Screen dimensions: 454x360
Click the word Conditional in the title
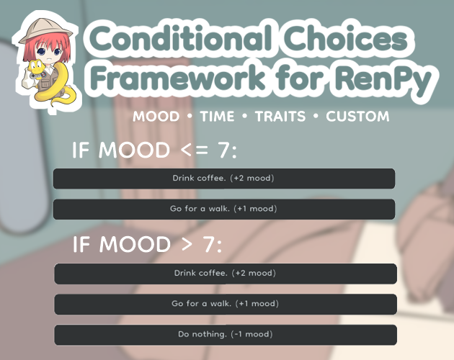click(x=181, y=38)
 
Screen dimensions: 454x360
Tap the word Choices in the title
click(x=345, y=38)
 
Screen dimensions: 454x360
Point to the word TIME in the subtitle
click(x=217, y=117)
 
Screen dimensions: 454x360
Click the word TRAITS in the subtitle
click(x=280, y=117)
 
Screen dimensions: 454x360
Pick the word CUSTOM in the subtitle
click(x=357, y=117)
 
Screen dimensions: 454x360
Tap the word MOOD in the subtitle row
click(x=156, y=117)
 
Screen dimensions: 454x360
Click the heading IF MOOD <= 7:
click(x=154, y=150)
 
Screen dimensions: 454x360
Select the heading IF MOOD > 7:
click(x=147, y=245)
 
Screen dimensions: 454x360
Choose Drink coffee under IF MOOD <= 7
click(x=224, y=179)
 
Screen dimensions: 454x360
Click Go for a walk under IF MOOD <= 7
click(x=224, y=209)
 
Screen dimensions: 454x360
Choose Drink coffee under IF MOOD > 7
click(x=226, y=274)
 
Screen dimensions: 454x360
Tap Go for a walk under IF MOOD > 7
click(x=226, y=304)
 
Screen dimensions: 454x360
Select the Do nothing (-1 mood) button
click(x=226, y=335)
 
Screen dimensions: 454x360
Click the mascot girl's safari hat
click(x=45, y=30)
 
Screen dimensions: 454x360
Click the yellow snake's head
click(x=36, y=66)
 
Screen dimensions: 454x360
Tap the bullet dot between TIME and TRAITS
click(x=245, y=117)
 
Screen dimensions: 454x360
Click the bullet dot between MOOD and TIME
click(x=190, y=117)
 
